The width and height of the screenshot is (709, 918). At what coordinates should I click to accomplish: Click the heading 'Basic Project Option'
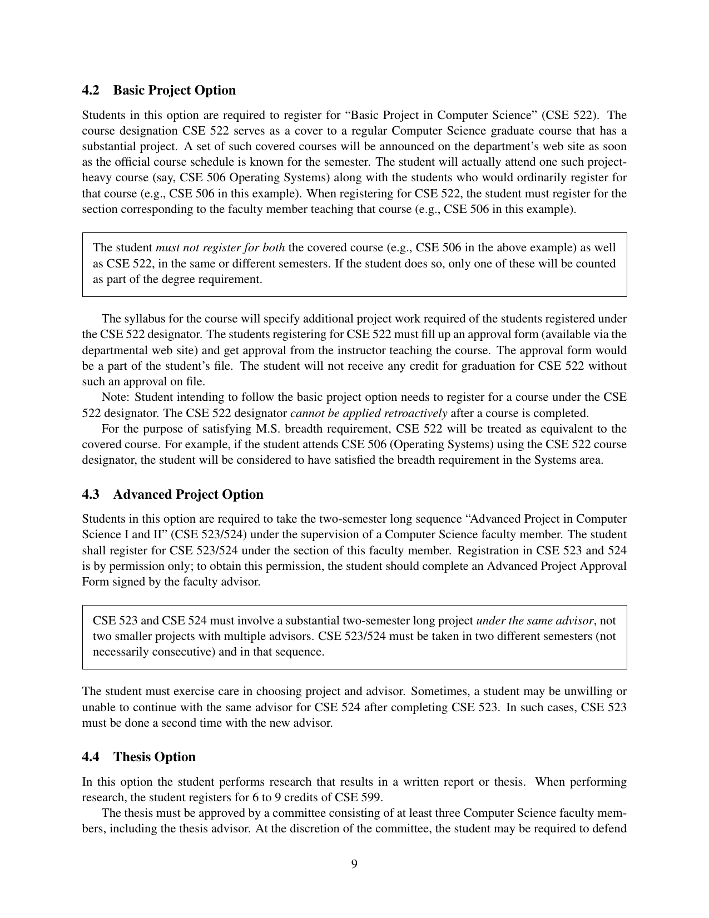point(174,91)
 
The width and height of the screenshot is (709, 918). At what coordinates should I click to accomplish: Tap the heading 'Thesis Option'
point(155,757)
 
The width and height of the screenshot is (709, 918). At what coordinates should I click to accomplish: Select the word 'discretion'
point(304,829)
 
